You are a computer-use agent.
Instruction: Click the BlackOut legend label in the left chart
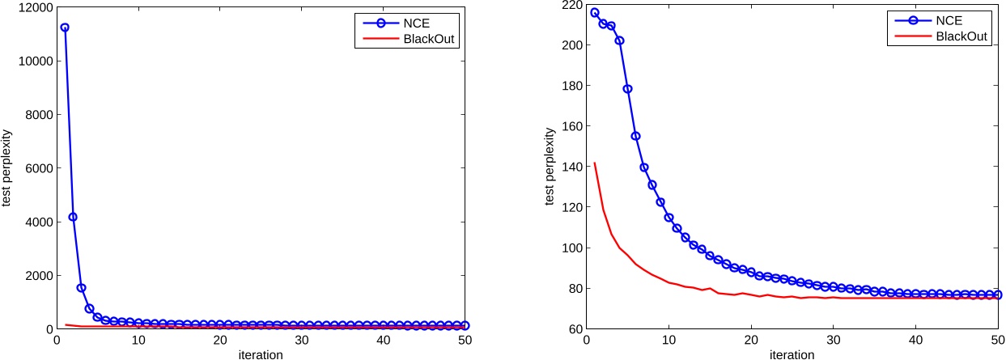tap(438, 39)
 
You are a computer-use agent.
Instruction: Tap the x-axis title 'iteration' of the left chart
tap(261, 354)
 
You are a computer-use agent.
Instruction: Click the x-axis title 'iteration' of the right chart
tap(791, 354)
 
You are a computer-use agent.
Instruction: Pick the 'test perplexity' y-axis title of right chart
tap(549, 167)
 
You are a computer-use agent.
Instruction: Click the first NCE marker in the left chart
tap(65, 28)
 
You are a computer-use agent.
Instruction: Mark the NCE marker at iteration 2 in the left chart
tap(73, 217)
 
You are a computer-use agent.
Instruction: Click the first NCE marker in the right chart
tap(595, 13)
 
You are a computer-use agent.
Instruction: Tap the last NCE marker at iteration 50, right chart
tap(997, 295)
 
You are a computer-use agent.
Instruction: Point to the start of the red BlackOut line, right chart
tap(595, 163)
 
